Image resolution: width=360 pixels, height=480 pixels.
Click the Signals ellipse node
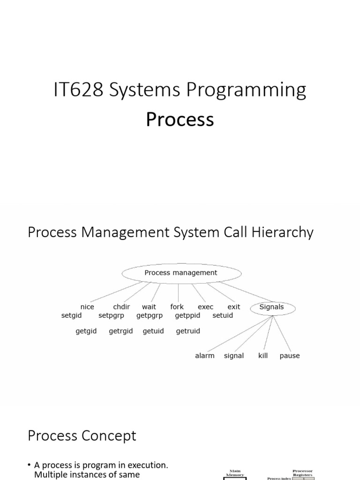(271, 307)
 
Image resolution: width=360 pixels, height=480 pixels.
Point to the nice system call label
(87, 307)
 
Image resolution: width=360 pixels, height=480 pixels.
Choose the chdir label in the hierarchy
(121, 307)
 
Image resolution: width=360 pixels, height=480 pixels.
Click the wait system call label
(149, 307)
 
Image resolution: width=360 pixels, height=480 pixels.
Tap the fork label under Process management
(177, 307)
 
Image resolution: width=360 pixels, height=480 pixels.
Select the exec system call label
(205, 307)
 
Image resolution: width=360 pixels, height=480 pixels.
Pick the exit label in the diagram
(233, 307)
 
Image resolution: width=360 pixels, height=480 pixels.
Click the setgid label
(71, 315)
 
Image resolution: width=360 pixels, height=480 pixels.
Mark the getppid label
(187, 315)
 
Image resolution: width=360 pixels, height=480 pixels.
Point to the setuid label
(223, 315)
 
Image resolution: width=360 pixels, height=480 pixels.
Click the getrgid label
(121, 331)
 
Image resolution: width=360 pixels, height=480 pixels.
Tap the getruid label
(188, 331)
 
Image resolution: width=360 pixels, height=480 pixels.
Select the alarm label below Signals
(205, 356)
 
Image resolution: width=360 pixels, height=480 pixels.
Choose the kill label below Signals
(263, 356)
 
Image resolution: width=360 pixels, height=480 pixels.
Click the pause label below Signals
(290, 356)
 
